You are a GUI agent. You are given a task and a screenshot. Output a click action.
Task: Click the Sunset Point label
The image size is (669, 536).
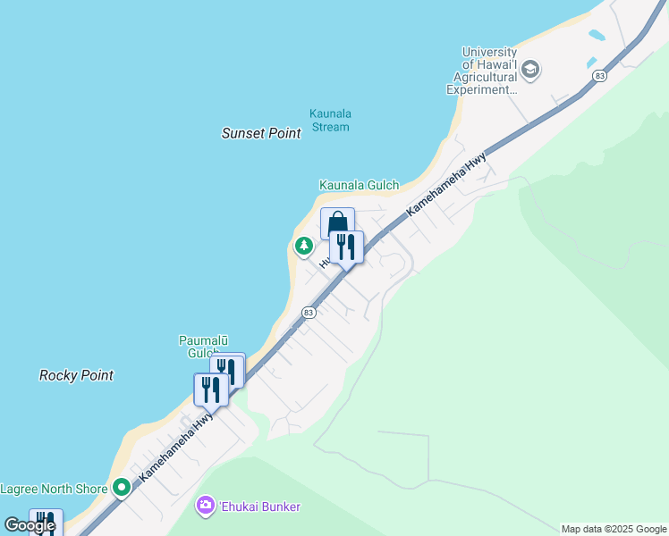(x=261, y=133)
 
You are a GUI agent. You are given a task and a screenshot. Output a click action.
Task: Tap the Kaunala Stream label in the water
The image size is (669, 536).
(x=329, y=120)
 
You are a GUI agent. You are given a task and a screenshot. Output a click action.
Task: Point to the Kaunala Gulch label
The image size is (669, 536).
(x=359, y=185)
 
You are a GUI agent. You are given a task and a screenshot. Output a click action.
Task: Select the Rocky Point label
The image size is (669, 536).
(x=76, y=375)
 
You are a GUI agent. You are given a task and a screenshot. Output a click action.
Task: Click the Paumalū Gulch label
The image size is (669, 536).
(x=203, y=347)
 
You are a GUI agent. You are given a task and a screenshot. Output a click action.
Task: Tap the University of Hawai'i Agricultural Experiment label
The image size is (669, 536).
(x=482, y=71)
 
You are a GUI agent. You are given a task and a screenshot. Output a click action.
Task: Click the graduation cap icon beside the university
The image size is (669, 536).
(x=530, y=70)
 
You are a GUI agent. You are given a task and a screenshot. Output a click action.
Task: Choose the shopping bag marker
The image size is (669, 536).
(x=337, y=222)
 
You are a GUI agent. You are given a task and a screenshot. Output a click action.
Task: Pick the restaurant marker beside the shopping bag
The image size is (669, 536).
(x=346, y=246)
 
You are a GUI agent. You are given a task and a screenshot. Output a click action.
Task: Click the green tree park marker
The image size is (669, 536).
(x=304, y=245)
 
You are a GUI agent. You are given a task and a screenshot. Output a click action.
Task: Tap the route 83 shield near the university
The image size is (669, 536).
(x=599, y=77)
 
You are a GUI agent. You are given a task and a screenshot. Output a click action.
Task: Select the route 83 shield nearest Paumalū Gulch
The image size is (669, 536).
(x=309, y=313)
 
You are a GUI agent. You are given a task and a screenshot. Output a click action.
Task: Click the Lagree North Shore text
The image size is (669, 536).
(x=53, y=489)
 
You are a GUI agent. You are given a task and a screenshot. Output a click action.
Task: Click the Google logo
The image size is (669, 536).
(x=30, y=525)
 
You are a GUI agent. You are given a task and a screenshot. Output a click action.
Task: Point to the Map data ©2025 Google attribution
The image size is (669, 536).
(x=614, y=529)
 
